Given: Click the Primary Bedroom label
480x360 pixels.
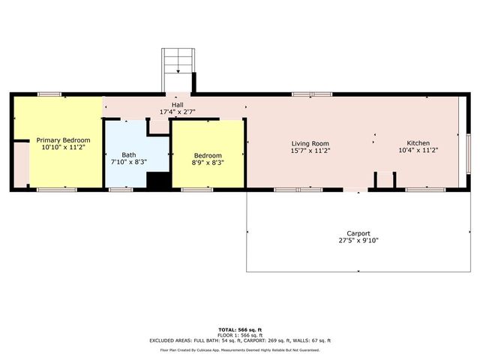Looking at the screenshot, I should pyautogui.click(x=64, y=140).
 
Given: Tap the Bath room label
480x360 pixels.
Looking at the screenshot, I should pyautogui.click(x=129, y=154).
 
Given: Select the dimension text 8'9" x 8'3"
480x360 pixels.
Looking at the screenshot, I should pyautogui.click(x=208, y=162).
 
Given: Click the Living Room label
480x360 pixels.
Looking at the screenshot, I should pyautogui.click(x=310, y=143).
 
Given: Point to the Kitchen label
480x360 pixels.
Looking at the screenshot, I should pyautogui.click(x=418, y=143).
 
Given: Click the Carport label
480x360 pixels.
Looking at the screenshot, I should pyautogui.click(x=358, y=232).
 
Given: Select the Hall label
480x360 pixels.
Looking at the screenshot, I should pyautogui.click(x=177, y=104).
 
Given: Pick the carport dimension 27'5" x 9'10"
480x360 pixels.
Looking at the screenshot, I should pyautogui.click(x=358, y=241).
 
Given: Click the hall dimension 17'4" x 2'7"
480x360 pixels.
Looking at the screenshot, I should pyautogui.click(x=177, y=112).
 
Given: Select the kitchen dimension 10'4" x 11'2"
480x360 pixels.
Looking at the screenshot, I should pyautogui.click(x=418, y=151).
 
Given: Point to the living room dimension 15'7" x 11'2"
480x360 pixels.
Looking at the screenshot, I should pyautogui.click(x=310, y=151).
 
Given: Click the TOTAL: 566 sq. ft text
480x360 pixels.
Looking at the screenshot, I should pyautogui.click(x=239, y=329).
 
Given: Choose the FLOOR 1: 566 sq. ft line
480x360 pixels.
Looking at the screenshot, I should pyautogui.click(x=239, y=334).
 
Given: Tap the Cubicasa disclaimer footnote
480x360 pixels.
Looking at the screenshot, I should pyautogui.click(x=239, y=349).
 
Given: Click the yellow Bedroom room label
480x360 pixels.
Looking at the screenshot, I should pyautogui.click(x=208, y=154).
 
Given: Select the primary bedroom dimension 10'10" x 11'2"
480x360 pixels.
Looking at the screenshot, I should pyautogui.click(x=64, y=148).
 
